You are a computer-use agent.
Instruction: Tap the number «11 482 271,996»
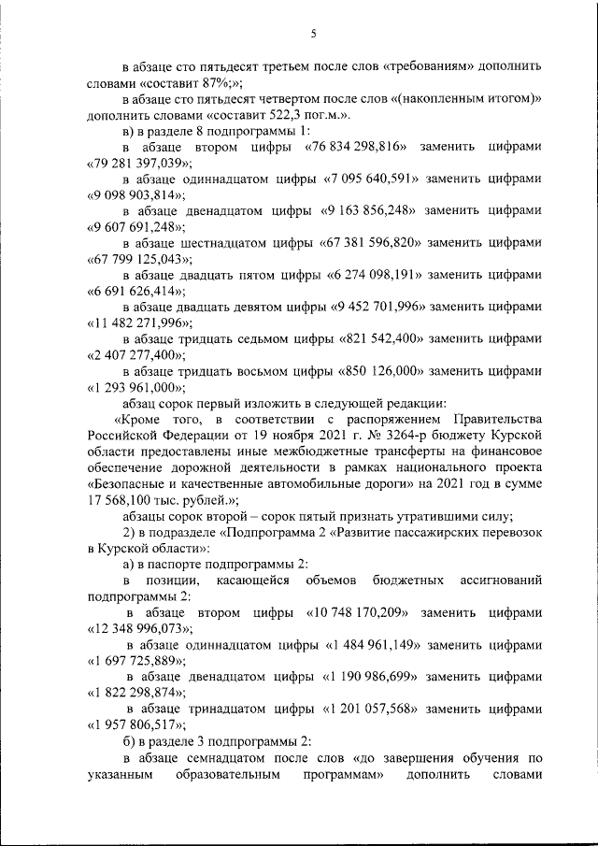point(138,323)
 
